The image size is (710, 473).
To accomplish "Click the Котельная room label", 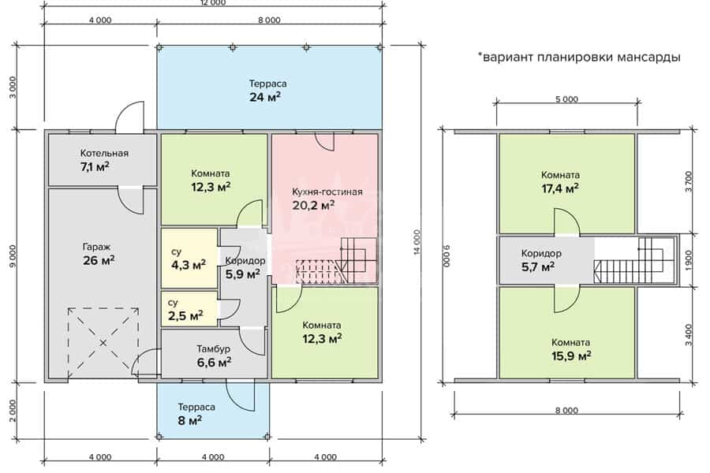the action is [x=104, y=153].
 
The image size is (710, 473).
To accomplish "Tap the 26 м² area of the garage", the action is [x=99, y=260].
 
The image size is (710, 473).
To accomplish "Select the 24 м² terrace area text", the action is [x=265, y=97].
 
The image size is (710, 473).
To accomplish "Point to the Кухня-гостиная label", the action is [x=327, y=192].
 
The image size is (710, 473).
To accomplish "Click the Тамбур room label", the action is [x=213, y=349].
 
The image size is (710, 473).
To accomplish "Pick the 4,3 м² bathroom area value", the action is [x=189, y=265].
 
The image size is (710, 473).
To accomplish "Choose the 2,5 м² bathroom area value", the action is [x=185, y=315].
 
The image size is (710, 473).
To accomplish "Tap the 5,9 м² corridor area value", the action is [x=243, y=274].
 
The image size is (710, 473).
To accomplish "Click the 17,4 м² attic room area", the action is [x=560, y=188].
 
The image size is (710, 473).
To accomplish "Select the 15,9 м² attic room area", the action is [x=571, y=356].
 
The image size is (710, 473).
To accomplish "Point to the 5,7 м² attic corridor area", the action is [x=538, y=267].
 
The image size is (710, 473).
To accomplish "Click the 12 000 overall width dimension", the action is [x=213, y=2].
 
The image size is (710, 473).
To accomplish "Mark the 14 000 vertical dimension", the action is [x=417, y=242].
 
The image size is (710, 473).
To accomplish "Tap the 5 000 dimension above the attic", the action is [x=566, y=99].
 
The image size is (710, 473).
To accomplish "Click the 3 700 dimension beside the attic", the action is [x=689, y=181].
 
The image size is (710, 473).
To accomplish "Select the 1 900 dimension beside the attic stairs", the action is [x=689, y=261].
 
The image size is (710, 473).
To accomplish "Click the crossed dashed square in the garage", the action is [x=103, y=343].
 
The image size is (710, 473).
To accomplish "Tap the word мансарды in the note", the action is [x=650, y=58].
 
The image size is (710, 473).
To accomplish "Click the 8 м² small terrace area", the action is [x=189, y=420].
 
